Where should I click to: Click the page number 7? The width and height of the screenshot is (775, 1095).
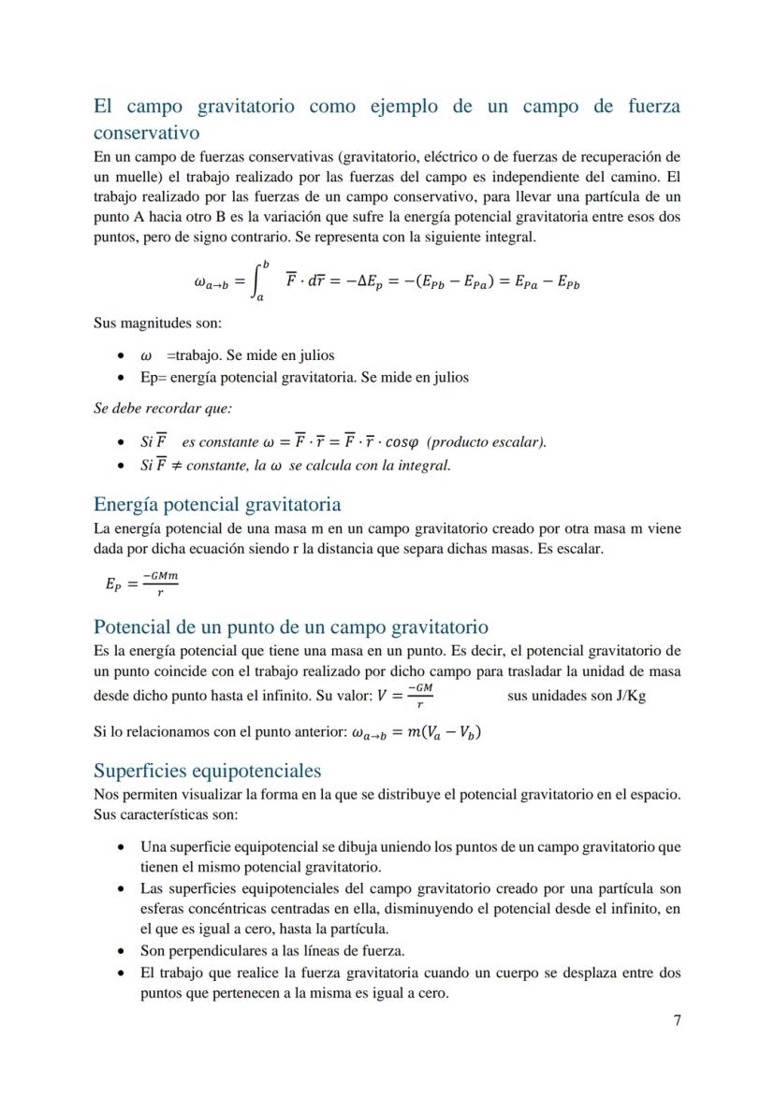677,1019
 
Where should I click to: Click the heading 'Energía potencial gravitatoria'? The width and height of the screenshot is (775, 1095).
217,505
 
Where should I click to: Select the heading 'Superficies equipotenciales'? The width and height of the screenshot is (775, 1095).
207,771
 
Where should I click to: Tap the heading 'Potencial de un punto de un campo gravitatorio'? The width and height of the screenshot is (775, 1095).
291,627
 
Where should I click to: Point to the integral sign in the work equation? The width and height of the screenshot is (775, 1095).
259,281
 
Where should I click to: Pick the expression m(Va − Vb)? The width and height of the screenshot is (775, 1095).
444,733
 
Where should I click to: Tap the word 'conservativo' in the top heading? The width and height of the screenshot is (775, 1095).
147,133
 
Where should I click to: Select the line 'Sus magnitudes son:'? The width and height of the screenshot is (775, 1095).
157,324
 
